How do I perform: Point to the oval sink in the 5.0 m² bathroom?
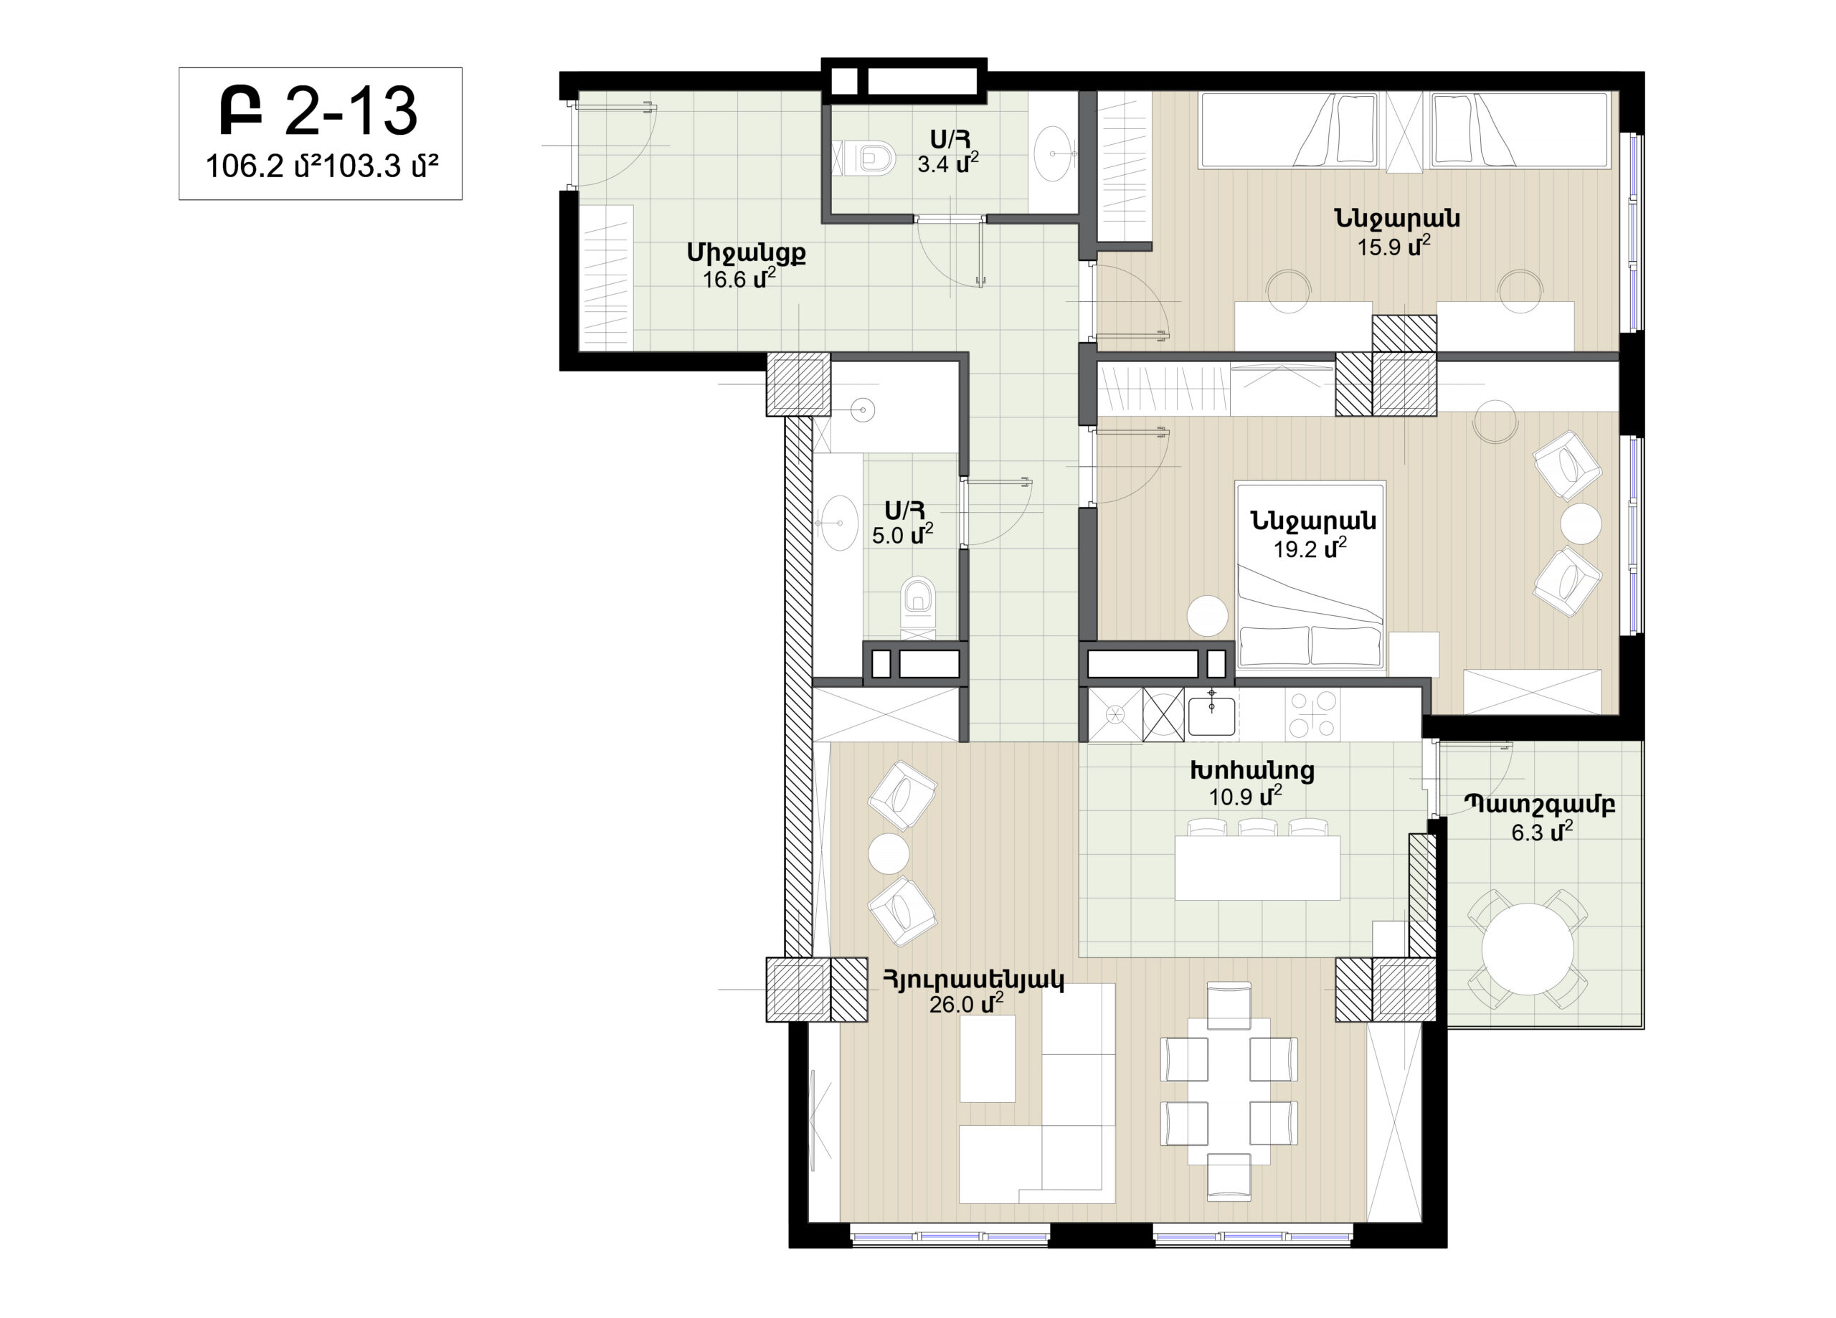[x=841, y=523]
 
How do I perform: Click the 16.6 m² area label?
[x=740, y=280]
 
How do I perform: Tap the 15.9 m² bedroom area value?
[x=1394, y=245]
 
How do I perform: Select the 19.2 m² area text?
[x=1310, y=548]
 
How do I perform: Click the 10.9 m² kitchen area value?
[x=1245, y=796]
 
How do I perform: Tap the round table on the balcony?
[x=1528, y=949]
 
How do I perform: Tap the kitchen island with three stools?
[x=1257, y=867]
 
